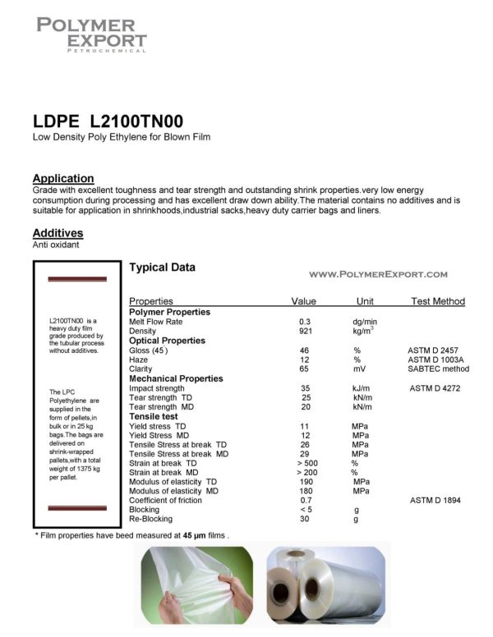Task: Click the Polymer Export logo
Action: click(91, 34)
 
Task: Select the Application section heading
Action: click(63, 178)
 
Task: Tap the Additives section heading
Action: click(58, 233)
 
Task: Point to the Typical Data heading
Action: click(163, 268)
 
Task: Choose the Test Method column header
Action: click(437, 301)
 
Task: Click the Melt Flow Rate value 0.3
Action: click(305, 321)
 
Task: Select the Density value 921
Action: click(305, 331)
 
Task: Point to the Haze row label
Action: click(140, 360)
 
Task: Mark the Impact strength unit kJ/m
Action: click(362, 387)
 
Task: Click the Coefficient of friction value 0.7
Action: click(306, 500)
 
